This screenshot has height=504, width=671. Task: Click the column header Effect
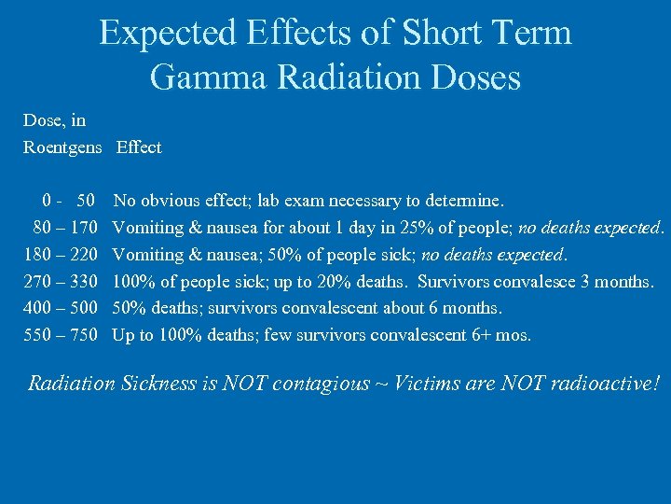click(139, 147)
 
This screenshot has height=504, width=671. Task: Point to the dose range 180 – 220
click(61, 254)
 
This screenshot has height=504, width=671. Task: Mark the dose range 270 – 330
click(61, 281)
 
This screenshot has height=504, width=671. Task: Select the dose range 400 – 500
click(61, 308)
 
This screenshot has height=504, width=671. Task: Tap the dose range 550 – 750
click(61, 335)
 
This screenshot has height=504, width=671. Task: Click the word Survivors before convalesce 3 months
click(459, 281)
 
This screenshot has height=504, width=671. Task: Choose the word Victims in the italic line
click(419, 384)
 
